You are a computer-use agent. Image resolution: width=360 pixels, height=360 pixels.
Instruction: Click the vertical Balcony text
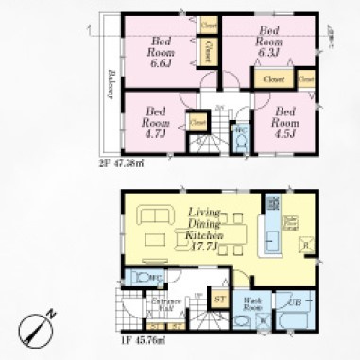pyautogui.click(x=111, y=87)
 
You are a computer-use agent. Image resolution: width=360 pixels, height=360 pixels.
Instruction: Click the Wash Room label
pyautogui.click(x=252, y=306)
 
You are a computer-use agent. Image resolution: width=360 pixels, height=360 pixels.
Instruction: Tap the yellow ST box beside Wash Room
pyautogui.click(x=219, y=300)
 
